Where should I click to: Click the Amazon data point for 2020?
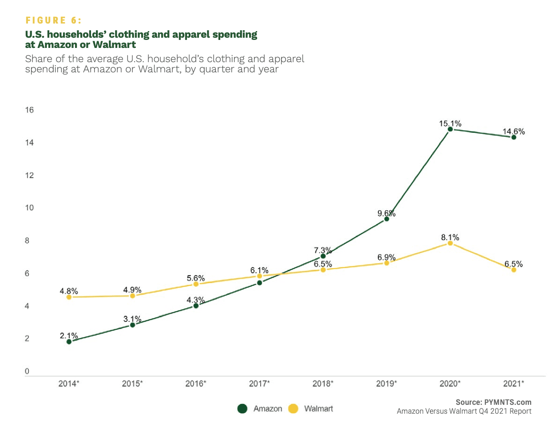[450, 129]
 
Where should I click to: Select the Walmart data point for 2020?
[450, 243]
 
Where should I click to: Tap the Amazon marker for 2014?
[69, 342]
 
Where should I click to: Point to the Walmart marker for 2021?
[514, 269]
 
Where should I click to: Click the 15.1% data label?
[450, 123]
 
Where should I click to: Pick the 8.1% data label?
[450, 237]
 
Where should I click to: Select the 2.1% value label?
[69, 336]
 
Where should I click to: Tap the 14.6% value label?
[514, 131]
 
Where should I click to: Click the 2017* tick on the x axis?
[259, 384]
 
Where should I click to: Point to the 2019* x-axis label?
[386, 384]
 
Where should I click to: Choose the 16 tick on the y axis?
[29, 110]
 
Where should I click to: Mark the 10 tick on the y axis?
[29, 208]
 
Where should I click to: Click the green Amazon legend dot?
[242, 409]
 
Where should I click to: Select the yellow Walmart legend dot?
[293, 409]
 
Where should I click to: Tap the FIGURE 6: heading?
[54, 20]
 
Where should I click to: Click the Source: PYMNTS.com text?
[493, 402]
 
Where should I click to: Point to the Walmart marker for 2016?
[196, 284]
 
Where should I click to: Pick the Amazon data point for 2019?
[386, 219]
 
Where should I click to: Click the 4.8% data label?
[69, 291]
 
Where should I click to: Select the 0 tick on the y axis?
[27, 372]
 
